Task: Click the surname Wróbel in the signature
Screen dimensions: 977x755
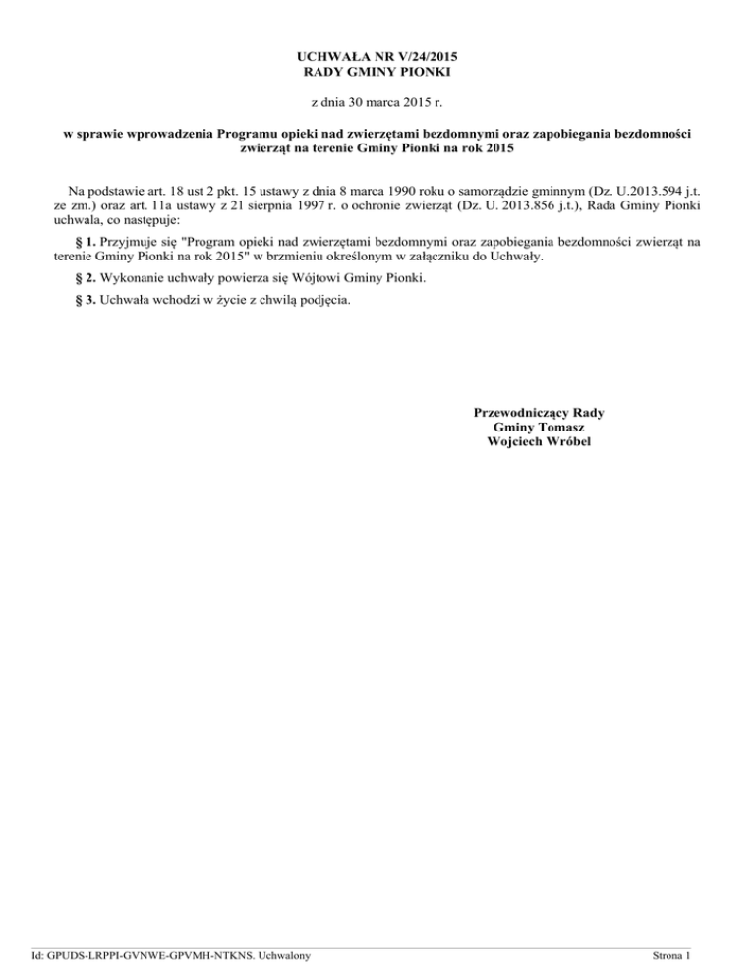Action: pos(566,442)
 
